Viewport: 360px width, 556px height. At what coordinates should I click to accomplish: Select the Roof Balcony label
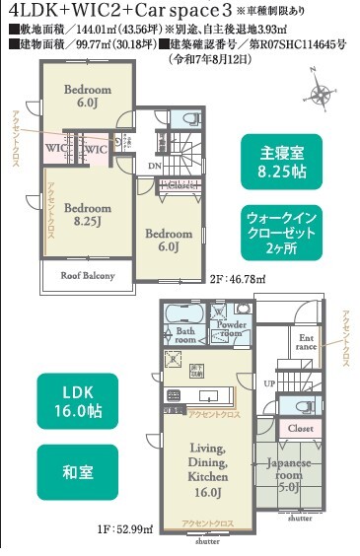point(88,275)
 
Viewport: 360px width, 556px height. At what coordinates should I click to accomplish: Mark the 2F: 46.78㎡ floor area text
point(238,280)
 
